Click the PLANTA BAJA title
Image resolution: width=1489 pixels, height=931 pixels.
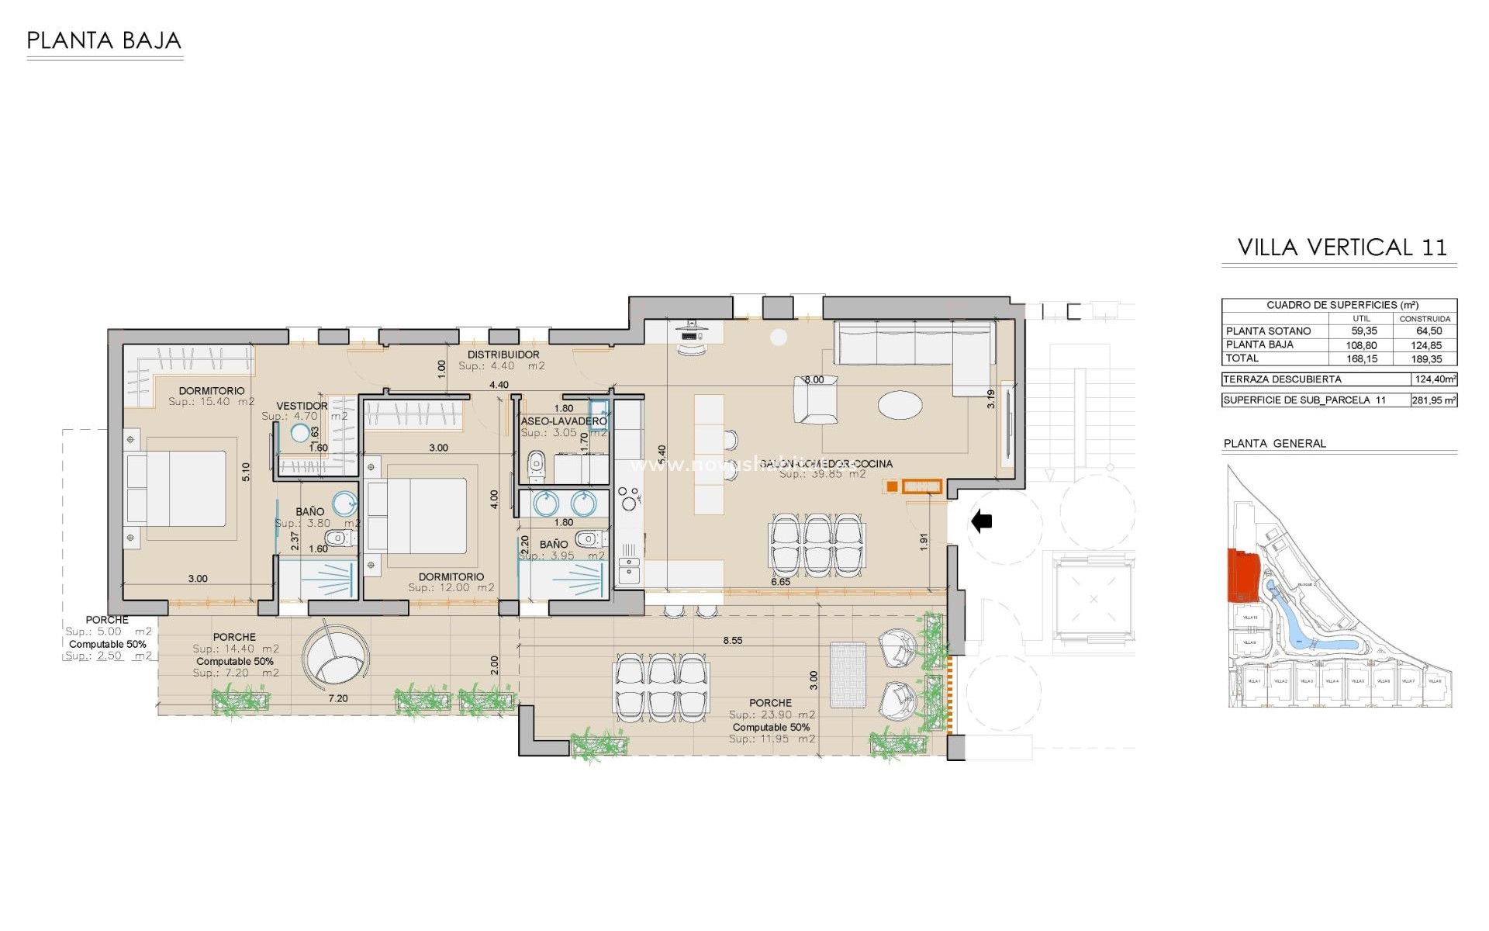click(x=104, y=40)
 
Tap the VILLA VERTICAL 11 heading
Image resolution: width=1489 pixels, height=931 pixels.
click(x=1342, y=247)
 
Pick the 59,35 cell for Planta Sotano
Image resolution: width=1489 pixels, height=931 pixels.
click(x=1363, y=331)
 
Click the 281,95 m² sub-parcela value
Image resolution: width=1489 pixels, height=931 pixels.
click(x=1433, y=400)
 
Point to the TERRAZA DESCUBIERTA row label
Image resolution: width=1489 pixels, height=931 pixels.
click(x=1282, y=379)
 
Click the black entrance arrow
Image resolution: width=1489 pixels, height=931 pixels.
click(x=982, y=521)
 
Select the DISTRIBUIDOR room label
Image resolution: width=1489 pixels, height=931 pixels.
click(x=503, y=355)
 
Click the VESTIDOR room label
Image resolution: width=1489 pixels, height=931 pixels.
click(x=302, y=406)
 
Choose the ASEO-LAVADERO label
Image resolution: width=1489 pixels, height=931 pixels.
click(x=564, y=421)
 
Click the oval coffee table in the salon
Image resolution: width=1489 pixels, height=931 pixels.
click(x=900, y=404)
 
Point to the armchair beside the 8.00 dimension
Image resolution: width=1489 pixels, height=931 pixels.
click(x=815, y=401)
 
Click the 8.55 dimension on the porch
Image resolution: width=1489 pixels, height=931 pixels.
click(x=732, y=641)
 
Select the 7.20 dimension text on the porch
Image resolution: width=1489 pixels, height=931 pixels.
click(x=337, y=698)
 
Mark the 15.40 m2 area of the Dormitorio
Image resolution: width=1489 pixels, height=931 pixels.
click(x=212, y=402)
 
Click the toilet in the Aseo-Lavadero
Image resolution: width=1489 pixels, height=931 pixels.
click(x=536, y=465)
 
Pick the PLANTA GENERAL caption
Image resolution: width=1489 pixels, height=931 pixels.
click(x=1274, y=444)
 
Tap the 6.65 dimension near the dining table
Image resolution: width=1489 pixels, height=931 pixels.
click(x=780, y=582)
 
